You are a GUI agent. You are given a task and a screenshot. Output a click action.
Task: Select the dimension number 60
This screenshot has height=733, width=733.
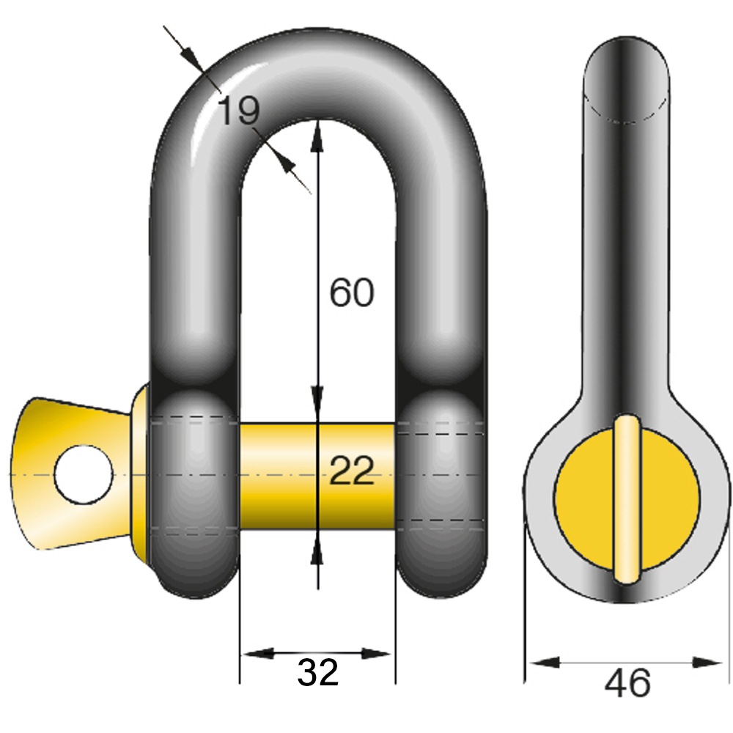pyautogui.click(x=351, y=293)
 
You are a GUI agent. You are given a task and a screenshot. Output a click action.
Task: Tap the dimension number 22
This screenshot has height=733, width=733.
pyautogui.click(x=351, y=471)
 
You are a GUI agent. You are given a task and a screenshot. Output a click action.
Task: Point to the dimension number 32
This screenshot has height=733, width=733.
pyautogui.click(x=317, y=672)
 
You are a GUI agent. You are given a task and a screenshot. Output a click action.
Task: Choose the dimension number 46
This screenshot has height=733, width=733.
pyautogui.click(x=627, y=683)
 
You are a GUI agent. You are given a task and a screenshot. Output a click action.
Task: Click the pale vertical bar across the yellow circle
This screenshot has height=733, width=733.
pyautogui.click(x=627, y=498)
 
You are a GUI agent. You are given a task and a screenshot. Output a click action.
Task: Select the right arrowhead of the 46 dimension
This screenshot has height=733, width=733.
pyautogui.click(x=708, y=663)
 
